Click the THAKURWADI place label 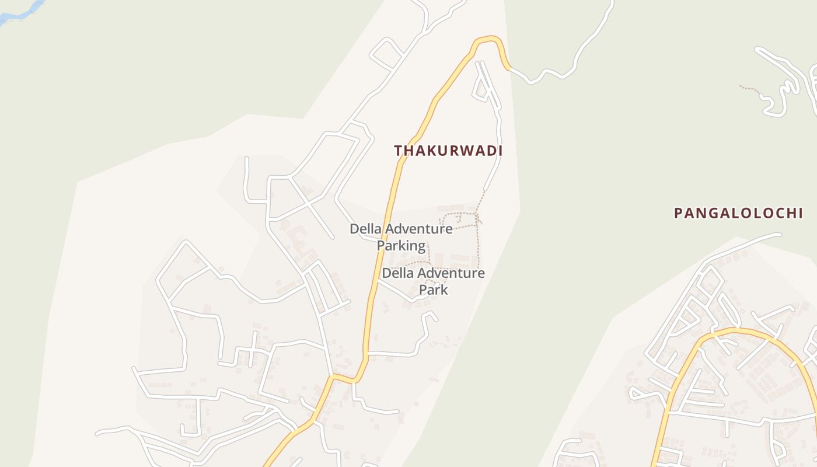pos(448,151)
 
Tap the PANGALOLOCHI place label pos(738,213)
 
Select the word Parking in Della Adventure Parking pos(401,246)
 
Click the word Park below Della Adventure pos(434,290)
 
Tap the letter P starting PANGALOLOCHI pos(678,213)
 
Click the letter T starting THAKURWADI pos(398,151)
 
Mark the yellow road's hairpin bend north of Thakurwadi pos(488,40)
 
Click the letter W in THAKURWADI pos(459,151)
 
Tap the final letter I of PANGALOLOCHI pos(799,213)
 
